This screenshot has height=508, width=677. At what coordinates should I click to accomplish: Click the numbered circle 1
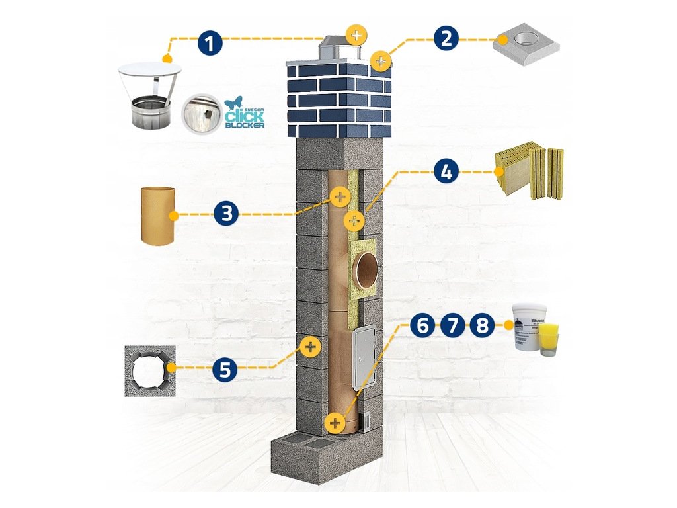[x=210, y=44]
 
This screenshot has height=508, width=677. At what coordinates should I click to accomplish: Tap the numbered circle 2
[x=447, y=38]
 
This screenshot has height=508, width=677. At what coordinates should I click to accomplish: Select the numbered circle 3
[x=226, y=214]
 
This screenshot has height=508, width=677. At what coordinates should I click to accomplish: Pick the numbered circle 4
[x=446, y=173]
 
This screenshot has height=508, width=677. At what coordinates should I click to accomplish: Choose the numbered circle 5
[x=225, y=370]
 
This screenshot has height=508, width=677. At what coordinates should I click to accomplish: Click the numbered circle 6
[x=422, y=325]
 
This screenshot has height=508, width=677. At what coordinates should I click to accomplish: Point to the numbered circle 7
[x=452, y=325]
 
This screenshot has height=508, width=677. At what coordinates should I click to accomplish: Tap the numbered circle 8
[x=482, y=325]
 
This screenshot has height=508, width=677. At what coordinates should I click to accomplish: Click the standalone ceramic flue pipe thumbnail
[x=159, y=216]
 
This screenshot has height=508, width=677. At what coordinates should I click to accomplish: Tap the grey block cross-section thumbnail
[x=149, y=370]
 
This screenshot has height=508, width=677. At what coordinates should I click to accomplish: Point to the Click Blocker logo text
[x=245, y=116]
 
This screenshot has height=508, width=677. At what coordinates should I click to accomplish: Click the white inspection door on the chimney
[x=363, y=358]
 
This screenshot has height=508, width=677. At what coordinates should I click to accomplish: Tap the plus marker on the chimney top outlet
[x=356, y=34]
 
